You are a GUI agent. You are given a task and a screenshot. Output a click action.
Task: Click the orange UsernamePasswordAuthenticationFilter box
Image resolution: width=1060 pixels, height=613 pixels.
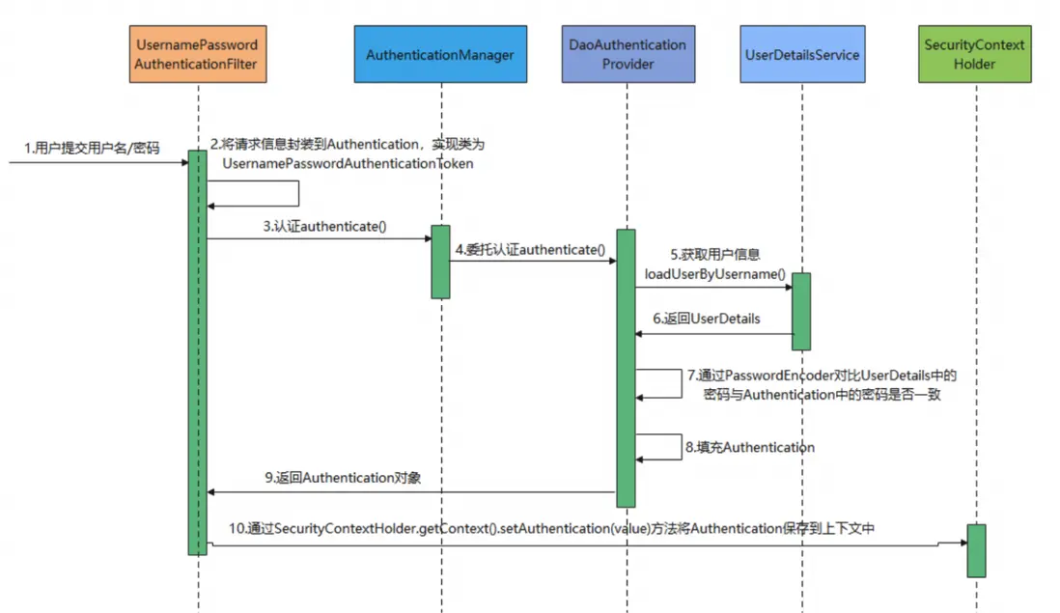[197, 54]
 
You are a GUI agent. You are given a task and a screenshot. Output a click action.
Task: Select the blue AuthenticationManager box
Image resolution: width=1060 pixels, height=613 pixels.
[440, 54]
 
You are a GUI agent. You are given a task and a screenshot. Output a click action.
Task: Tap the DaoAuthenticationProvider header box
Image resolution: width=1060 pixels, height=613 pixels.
[628, 54]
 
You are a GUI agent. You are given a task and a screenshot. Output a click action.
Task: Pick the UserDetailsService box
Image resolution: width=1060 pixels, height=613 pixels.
[802, 54]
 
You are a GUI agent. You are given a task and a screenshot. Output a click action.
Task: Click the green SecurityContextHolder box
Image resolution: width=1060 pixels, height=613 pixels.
[974, 54]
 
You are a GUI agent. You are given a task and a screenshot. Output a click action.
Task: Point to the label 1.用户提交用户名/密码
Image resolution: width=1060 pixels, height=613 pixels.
[93, 149]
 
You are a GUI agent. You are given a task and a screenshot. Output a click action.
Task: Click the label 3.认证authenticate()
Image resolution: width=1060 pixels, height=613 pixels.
[324, 227]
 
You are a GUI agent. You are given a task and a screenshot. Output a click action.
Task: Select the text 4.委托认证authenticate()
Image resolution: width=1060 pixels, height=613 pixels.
[531, 249]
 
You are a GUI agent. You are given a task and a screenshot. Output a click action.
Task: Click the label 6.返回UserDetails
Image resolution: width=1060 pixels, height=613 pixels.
[707, 319]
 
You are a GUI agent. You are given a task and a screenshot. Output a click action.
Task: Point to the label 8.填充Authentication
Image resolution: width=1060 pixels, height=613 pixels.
[750, 447]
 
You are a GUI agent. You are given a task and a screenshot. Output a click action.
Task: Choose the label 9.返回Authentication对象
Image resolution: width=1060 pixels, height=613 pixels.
[343, 477]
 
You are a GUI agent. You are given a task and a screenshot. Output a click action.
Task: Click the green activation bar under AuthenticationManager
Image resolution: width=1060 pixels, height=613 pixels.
[440, 262]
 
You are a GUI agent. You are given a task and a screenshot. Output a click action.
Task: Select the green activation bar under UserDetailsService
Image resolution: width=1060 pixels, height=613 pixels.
[801, 311]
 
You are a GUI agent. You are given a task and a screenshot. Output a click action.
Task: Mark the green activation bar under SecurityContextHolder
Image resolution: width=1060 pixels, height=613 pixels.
[976, 550]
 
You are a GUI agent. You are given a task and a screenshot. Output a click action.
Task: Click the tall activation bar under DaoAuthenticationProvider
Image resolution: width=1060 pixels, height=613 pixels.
[626, 367]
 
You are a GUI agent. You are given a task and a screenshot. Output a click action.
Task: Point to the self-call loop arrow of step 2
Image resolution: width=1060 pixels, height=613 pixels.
[297, 193]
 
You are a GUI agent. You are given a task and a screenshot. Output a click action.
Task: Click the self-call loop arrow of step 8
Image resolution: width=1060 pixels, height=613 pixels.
[679, 446]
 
